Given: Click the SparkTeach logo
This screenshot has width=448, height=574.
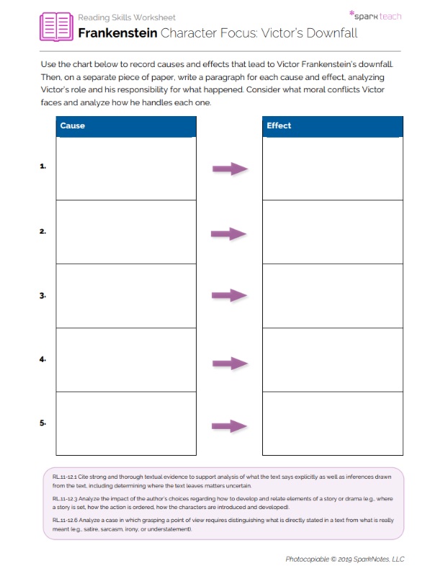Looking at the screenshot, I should pos(375,15).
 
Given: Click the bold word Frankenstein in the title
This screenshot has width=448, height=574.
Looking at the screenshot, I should pos(117,33).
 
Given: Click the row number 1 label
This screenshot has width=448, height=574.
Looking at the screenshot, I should pos(43,167).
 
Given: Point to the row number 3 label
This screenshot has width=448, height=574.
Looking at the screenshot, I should pos(43,296).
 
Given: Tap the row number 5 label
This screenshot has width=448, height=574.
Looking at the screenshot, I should pos(43,424).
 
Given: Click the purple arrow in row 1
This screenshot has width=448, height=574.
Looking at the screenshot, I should pos(230,169).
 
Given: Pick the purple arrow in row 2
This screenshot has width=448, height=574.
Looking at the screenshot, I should pos(229,234).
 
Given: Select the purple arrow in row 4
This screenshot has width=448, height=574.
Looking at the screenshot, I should pos(230,363).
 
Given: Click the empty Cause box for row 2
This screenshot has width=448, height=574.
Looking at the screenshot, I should pos(125,231).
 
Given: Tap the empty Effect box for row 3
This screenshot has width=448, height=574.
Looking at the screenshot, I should pos(332,296).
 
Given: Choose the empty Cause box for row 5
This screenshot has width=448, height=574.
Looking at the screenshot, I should pos(125,423).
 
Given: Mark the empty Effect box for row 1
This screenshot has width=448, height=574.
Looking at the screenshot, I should pos(332,168).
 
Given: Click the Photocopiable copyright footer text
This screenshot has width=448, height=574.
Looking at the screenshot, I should pos(345,559).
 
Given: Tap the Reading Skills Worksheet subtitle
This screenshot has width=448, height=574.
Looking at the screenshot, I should pos(126,17).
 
